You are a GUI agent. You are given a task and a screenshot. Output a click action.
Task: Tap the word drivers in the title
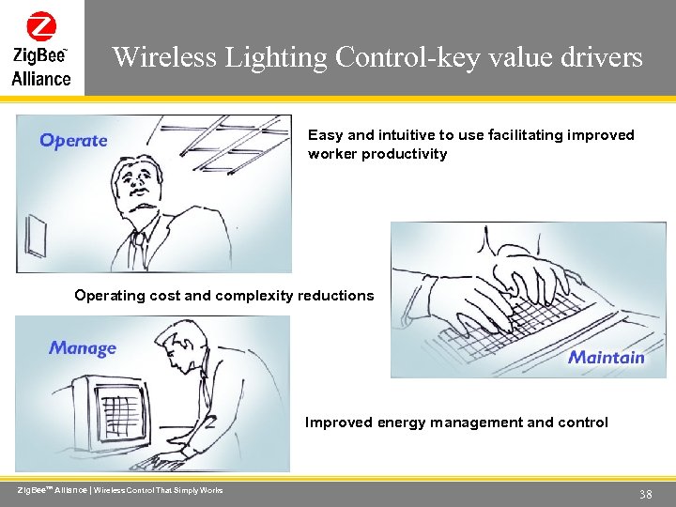(604, 58)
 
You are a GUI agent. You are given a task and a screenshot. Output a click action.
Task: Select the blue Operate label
(73, 141)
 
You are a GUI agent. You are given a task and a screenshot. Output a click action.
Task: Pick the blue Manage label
(83, 348)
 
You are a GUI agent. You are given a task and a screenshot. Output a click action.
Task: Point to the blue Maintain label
(607, 357)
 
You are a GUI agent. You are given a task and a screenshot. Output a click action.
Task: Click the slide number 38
(645, 494)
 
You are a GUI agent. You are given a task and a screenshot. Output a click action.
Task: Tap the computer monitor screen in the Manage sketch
(119, 413)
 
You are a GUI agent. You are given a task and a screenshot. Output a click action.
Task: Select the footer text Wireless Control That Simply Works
(159, 490)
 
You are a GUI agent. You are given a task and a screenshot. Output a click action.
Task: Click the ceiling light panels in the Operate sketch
(235, 141)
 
